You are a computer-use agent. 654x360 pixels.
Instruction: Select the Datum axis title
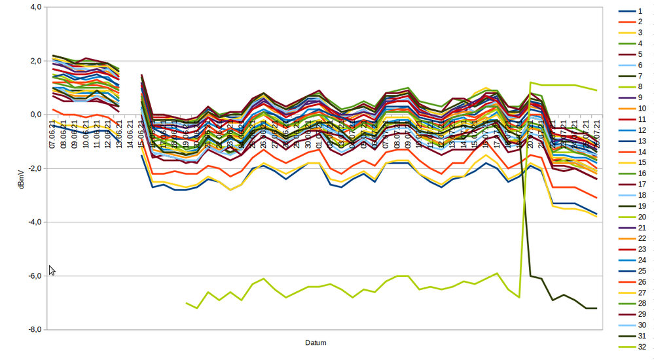click(316, 342)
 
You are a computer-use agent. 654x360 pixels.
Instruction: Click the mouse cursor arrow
click(52, 270)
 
